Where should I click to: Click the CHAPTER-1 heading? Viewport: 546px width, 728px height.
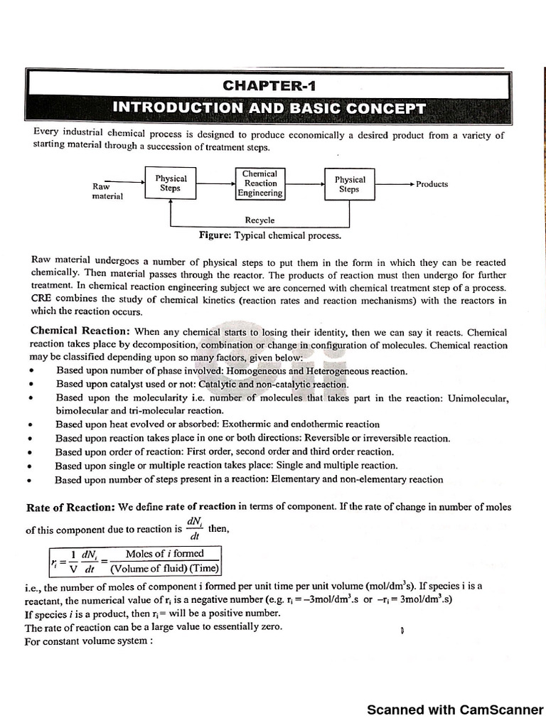[x=268, y=86]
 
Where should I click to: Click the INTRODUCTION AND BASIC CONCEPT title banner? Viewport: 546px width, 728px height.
[x=269, y=109]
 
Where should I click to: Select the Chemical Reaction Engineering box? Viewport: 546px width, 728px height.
[x=259, y=183]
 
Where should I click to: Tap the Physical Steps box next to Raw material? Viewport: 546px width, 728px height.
[x=171, y=183]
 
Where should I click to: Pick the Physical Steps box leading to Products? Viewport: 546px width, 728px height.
[x=349, y=184]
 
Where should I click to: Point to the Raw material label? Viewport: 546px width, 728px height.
[x=107, y=191]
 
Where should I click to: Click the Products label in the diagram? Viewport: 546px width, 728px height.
[x=432, y=184]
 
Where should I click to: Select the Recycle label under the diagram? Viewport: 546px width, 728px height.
[x=259, y=220]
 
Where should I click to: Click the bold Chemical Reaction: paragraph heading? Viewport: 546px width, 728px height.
[x=80, y=332]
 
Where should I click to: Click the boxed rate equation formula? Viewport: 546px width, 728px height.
[x=135, y=561]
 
